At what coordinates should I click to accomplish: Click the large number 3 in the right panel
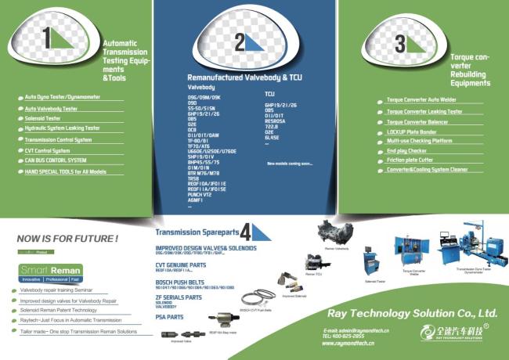click(x=400, y=42)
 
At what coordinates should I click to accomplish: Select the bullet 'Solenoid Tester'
click(x=42, y=118)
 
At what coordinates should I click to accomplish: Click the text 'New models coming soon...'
click(x=289, y=164)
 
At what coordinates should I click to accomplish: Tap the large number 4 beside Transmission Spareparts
click(x=246, y=231)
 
